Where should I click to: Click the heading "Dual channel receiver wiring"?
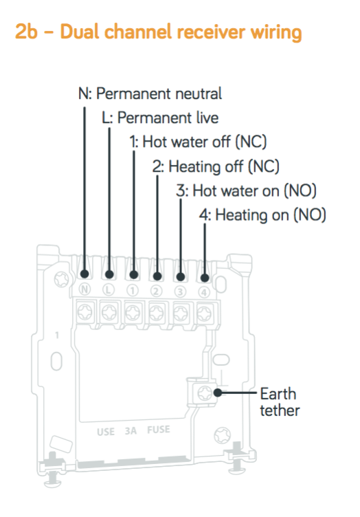(181, 32)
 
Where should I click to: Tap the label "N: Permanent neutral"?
(150, 93)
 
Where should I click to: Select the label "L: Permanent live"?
(160, 118)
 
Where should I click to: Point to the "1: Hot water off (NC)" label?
(198, 142)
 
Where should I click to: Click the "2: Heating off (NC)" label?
(216, 166)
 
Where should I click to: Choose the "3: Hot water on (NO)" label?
(246, 190)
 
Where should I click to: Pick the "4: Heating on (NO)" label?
(262, 215)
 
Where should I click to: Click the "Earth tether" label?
(280, 402)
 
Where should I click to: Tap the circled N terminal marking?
(85, 289)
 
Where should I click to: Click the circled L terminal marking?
(109, 290)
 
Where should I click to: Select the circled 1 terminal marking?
(133, 291)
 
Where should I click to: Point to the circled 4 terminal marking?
(204, 292)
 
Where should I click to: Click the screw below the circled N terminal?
(85, 311)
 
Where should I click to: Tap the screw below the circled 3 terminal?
(181, 313)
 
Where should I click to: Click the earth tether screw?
(204, 393)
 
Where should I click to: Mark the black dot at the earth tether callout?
(217, 393)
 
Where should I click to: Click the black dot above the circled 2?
(157, 276)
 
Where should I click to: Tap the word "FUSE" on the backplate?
(159, 430)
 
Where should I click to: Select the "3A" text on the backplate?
(131, 430)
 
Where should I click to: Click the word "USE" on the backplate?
(106, 432)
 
